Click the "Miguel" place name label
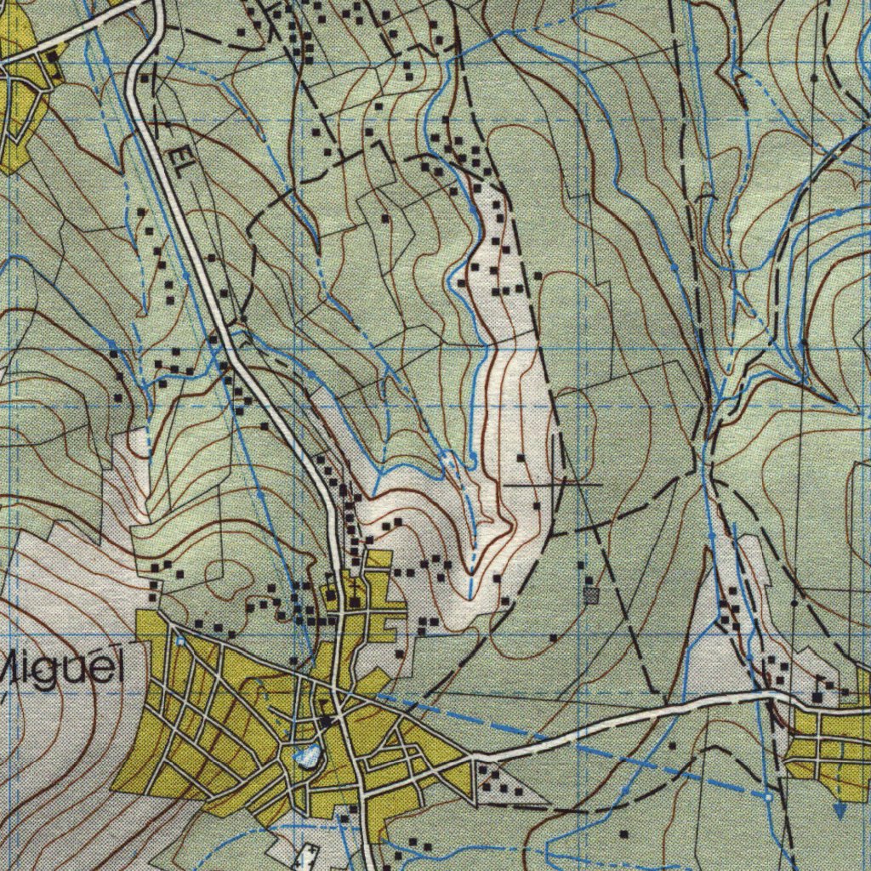coord(61,669)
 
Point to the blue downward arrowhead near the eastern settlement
coord(840,811)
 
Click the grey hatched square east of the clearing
coord(592,594)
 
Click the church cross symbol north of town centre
coord(354,587)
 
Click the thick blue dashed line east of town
coord(578,743)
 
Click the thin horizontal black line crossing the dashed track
coord(553,484)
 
